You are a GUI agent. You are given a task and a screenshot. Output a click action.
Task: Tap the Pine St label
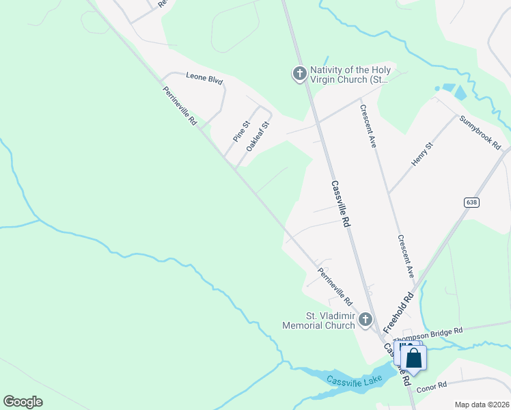[242, 131]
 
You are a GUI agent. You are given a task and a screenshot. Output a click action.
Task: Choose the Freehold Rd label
[399, 314]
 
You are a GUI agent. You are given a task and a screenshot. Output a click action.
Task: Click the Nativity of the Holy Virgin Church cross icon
[299, 74]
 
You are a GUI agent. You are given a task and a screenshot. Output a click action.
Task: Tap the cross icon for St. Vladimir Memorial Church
[365, 319]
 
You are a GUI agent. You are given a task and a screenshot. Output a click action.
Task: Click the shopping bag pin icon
[414, 358]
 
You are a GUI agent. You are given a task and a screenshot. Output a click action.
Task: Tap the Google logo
[23, 402]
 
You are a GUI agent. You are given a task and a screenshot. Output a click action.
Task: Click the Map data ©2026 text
[481, 405]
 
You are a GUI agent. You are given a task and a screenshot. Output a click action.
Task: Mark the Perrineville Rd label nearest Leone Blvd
[180, 107]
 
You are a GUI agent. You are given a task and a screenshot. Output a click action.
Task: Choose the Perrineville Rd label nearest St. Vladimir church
[335, 286]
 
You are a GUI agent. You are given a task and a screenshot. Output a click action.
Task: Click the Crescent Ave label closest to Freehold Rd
[406, 256]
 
